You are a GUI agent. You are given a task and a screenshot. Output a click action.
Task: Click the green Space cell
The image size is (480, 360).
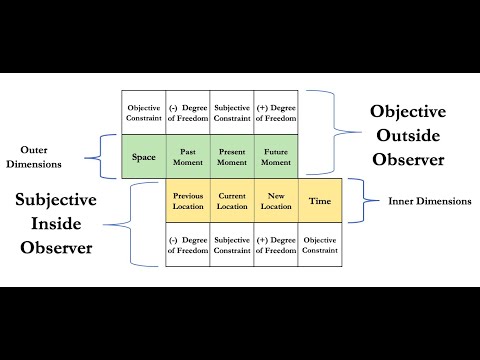[143, 157]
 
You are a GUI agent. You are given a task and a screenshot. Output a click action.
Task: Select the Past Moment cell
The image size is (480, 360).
[188, 157]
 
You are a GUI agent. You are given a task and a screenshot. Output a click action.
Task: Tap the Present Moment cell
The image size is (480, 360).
[232, 157]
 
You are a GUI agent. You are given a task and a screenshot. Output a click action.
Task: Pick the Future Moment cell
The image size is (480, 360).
[276, 157]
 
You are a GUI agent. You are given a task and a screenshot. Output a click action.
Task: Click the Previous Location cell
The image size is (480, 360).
[188, 200]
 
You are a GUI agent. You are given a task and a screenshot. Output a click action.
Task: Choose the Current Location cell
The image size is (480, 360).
[232, 200]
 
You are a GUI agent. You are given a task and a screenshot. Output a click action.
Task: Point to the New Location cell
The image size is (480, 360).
[276, 200]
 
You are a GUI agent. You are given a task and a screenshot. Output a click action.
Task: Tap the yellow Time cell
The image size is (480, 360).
[320, 200]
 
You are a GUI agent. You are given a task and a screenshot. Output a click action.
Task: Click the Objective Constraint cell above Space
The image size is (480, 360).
[143, 113]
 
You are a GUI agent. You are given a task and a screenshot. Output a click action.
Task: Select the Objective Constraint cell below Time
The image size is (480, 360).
[320, 245]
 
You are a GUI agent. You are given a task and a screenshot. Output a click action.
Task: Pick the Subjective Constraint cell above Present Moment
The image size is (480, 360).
[232, 113]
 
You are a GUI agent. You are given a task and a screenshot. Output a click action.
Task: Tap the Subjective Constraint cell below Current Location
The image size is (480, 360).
[232, 245]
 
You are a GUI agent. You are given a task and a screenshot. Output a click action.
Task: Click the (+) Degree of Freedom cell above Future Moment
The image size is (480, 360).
[276, 113]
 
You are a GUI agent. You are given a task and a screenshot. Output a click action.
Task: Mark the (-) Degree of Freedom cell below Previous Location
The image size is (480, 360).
[188, 245]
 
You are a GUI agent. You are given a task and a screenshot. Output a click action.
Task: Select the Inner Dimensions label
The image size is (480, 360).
[429, 201]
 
